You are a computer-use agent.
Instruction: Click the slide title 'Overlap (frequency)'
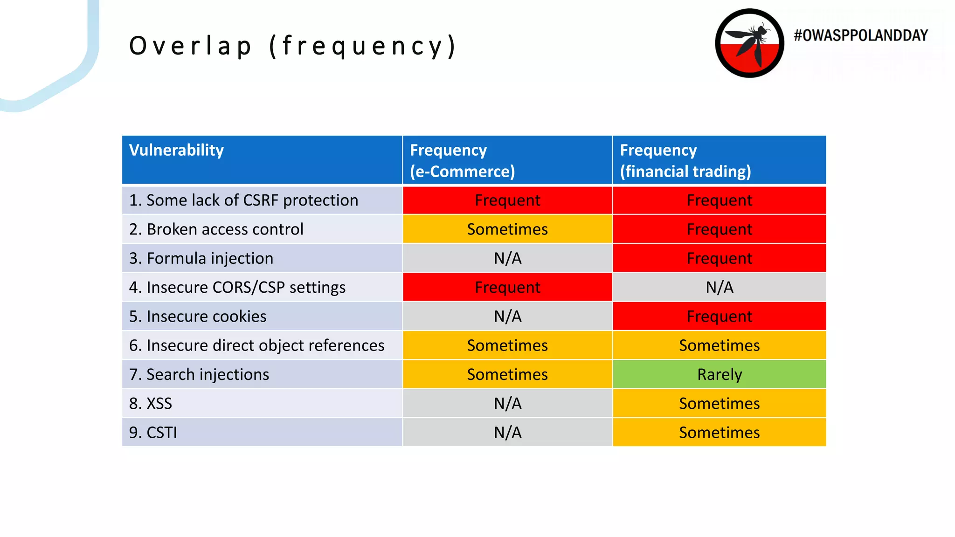[x=292, y=46]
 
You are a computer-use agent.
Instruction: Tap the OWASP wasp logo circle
[x=749, y=43]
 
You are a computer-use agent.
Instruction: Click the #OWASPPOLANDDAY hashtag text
[x=860, y=35]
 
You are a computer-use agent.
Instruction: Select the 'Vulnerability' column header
[x=176, y=150]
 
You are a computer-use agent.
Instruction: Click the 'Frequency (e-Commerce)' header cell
[x=507, y=160]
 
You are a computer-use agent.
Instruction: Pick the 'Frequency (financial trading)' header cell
[x=719, y=160]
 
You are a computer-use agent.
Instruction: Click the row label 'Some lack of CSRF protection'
[x=243, y=200]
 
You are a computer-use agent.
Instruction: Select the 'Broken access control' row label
[x=216, y=229]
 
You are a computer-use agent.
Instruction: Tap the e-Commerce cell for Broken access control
[x=507, y=229]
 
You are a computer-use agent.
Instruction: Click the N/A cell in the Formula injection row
[x=507, y=258]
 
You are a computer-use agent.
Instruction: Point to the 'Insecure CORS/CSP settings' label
[x=237, y=287]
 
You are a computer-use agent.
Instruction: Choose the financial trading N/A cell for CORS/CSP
[x=719, y=287]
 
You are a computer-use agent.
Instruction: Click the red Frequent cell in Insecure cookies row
[x=719, y=317]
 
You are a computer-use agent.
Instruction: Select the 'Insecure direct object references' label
[x=256, y=345]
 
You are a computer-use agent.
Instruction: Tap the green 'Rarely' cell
[x=719, y=374]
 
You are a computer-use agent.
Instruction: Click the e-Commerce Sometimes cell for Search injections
[x=507, y=374]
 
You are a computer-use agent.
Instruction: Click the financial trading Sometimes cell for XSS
[x=719, y=404]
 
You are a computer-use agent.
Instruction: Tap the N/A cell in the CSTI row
[x=507, y=433]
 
